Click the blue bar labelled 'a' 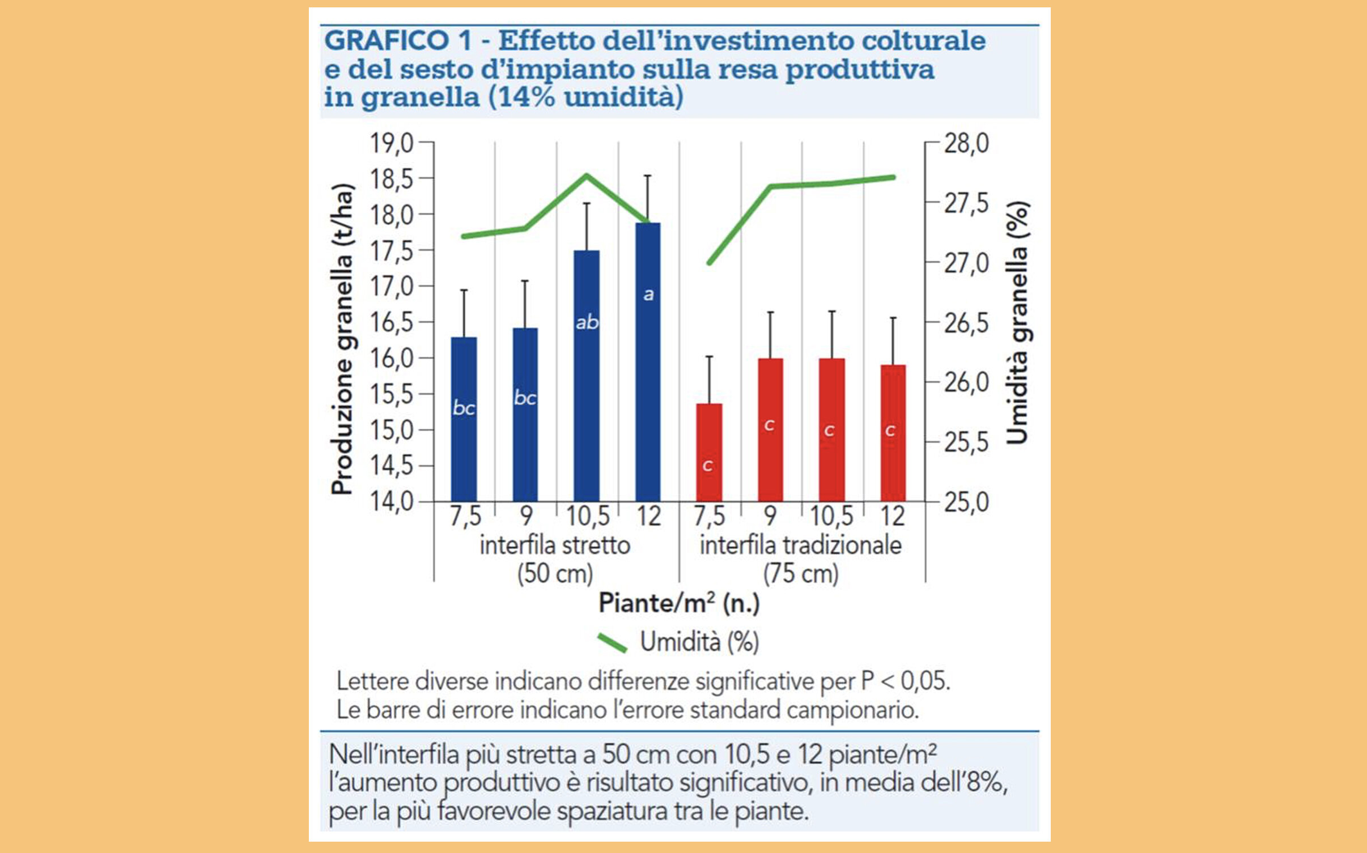[648, 362]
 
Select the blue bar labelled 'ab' [587, 376]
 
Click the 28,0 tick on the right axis [966, 143]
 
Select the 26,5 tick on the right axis [966, 323]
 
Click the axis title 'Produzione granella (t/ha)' [342, 340]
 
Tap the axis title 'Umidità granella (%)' [1018, 323]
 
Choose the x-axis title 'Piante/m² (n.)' [679, 603]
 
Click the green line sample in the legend [612, 643]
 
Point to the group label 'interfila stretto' [555, 545]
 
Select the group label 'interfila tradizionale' [800, 545]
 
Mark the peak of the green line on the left [587, 175]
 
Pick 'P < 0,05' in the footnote [905, 681]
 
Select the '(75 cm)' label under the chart [800, 574]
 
